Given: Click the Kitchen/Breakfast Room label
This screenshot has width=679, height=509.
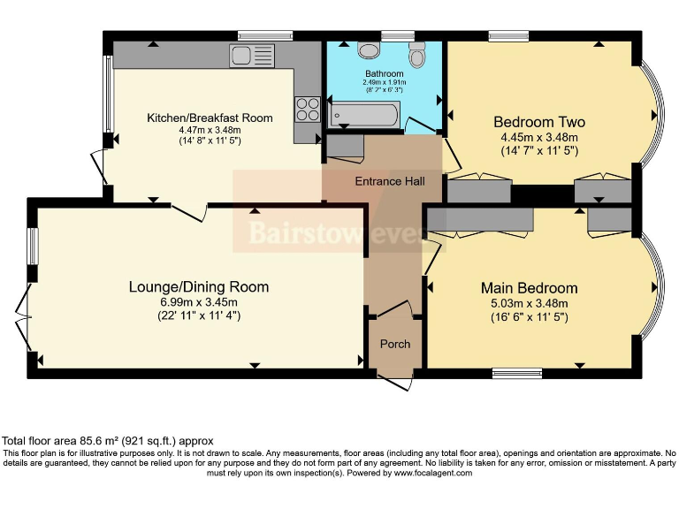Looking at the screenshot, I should pyautogui.click(x=210, y=118).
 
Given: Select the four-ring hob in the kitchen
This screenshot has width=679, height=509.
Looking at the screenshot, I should pyautogui.click(x=308, y=109).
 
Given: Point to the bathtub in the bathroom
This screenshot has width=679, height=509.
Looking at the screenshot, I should pyautogui.click(x=364, y=114).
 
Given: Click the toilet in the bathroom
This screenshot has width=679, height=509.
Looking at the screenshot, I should pyautogui.click(x=418, y=55).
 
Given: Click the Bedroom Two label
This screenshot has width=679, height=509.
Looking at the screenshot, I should pyautogui.click(x=538, y=122).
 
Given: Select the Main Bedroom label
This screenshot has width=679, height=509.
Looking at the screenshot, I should pyautogui.click(x=529, y=288).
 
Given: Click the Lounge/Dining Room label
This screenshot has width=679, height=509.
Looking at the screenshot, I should pyautogui.click(x=198, y=287).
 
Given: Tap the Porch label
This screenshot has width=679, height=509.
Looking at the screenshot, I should pyautogui.click(x=394, y=344).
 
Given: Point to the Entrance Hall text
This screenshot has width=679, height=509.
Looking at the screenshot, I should pyautogui.click(x=390, y=181).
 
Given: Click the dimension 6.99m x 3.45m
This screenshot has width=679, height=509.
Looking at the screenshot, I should pyautogui.click(x=198, y=302).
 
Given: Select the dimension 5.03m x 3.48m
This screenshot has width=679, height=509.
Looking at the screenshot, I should pyautogui.click(x=529, y=303).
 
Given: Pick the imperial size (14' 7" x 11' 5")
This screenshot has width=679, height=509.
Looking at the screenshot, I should pyautogui.click(x=538, y=151).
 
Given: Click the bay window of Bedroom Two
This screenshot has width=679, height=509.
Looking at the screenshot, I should pyautogui.click(x=652, y=115).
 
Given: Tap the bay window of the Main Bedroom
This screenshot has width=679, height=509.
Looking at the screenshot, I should pyautogui.click(x=652, y=287).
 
